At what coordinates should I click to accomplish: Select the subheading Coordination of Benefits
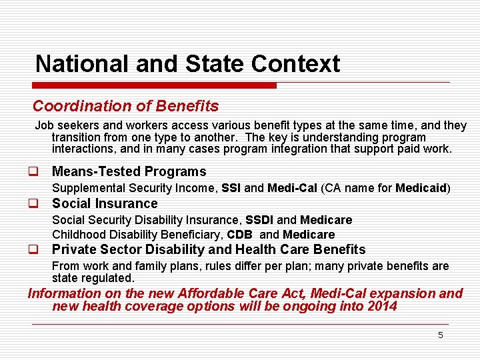pos(125,106)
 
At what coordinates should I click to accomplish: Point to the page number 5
pos(440,335)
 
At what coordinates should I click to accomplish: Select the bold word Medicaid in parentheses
pos(421,189)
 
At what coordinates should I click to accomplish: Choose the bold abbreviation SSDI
pos(260,220)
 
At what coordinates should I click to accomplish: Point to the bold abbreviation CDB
pos(240,235)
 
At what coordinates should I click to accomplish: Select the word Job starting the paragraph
pos(44,125)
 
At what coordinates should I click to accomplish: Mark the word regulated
pos(107,277)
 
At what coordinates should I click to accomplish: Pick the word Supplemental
pos(87,189)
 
